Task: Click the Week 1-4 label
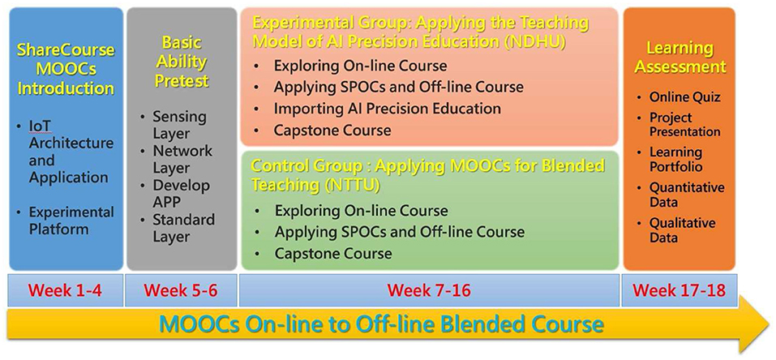(x=66, y=290)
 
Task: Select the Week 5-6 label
(x=181, y=290)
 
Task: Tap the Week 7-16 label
(x=429, y=290)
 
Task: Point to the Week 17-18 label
(x=679, y=290)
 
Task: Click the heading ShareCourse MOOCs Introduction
(x=66, y=69)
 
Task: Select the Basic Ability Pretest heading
(x=182, y=62)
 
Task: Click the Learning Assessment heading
(x=680, y=58)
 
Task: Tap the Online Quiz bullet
(x=684, y=97)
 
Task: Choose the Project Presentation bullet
(x=684, y=125)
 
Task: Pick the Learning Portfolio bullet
(x=675, y=159)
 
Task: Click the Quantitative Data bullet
(x=687, y=195)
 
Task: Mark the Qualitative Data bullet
(x=682, y=230)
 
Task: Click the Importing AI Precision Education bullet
(x=387, y=109)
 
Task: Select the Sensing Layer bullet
(x=179, y=126)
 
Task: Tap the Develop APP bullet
(x=181, y=194)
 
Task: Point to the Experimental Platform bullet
(x=71, y=221)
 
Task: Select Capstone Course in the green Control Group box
(x=333, y=254)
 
